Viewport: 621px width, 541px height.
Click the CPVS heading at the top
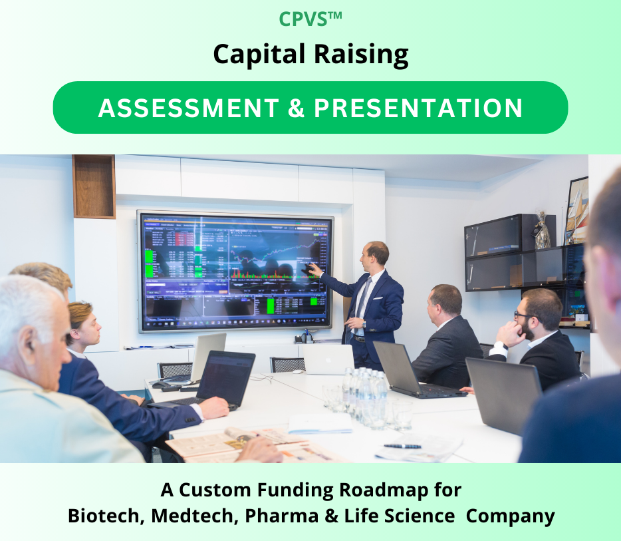click(310, 19)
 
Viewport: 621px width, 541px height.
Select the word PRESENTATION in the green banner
click(418, 108)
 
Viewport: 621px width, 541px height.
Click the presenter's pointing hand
click(310, 268)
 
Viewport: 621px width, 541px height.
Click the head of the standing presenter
click(376, 255)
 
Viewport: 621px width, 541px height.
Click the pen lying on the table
click(402, 446)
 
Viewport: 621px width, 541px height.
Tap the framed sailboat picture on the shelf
click(576, 210)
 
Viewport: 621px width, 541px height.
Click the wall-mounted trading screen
click(234, 271)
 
